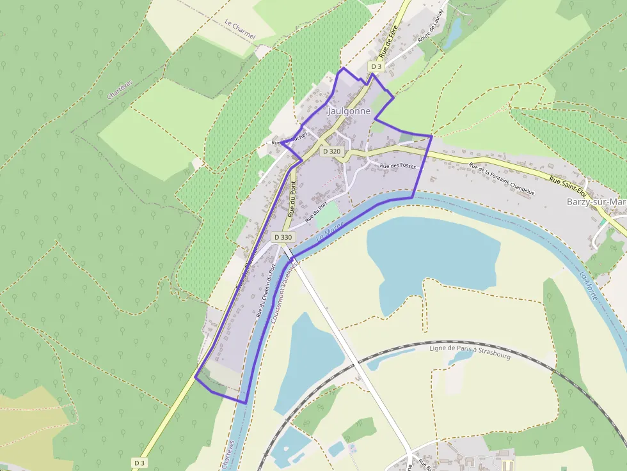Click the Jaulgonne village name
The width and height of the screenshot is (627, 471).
coord(349,111)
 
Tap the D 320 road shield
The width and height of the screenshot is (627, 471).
coord(332,151)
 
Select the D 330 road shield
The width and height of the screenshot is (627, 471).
coord(283,237)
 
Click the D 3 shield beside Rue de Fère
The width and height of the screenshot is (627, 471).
coord(376,66)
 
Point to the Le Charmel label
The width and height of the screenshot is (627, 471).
coord(240,29)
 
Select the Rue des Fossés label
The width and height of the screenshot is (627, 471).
coord(398,166)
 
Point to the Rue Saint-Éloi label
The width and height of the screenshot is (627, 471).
coord(568,186)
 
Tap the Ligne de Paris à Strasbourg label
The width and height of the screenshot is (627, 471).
coord(470,351)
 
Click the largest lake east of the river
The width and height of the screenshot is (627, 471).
coord(433,253)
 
